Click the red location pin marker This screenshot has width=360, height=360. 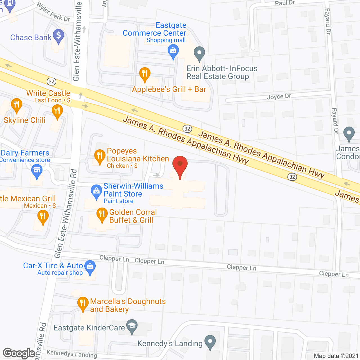[x=180, y=165]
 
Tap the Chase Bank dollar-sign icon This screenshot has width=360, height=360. [x=58, y=36]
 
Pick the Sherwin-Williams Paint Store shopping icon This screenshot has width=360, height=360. [x=96, y=191]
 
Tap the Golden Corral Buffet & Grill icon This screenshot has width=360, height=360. [x=102, y=215]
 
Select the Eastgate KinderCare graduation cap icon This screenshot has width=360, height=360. [x=132, y=326]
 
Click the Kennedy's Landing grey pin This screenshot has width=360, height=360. [x=210, y=342]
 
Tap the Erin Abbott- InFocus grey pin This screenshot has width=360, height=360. [x=199, y=53]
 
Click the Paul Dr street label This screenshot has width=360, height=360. [x=285, y=3]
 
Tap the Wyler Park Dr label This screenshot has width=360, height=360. [x=53, y=12]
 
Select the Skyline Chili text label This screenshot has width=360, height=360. [x=24, y=120]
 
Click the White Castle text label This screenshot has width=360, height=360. [x=48, y=93]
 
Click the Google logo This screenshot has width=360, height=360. [x=19, y=353]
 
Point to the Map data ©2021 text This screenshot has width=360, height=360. [x=336, y=356]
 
